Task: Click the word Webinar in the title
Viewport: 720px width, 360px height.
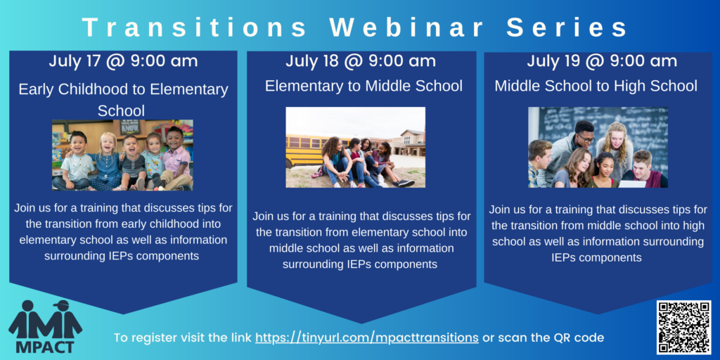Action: click(x=406, y=28)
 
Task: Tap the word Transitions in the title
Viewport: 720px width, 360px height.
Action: click(x=195, y=28)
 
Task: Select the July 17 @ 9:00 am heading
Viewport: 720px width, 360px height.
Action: click(x=123, y=61)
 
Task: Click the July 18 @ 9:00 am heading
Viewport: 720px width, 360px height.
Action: click(x=361, y=61)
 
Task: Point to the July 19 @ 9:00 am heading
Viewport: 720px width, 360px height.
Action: click(x=602, y=61)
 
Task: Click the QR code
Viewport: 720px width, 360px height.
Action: click(x=683, y=328)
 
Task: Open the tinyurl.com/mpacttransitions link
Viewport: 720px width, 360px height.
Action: click(x=367, y=338)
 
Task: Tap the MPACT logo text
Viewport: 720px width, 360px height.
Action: click(x=46, y=345)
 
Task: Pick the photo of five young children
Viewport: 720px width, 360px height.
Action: click(x=122, y=155)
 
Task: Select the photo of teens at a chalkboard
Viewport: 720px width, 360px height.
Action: click(x=598, y=148)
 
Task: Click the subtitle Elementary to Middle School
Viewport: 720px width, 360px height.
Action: click(x=364, y=86)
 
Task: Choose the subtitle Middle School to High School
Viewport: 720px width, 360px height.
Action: click(x=596, y=86)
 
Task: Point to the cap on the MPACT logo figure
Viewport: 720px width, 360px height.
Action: click(x=61, y=304)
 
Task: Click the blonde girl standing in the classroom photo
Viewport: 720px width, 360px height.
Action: click(x=615, y=146)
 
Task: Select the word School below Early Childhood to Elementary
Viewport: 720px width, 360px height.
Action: click(x=121, y=110)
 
